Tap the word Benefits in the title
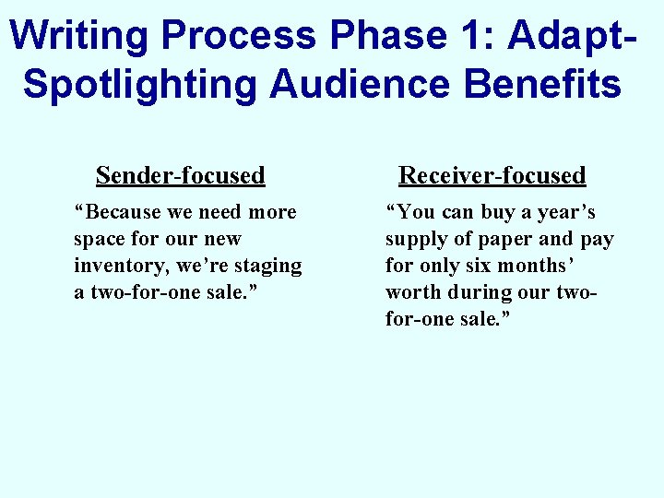click(543, 83)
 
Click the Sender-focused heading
click(180, 175)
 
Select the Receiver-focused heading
click(492, 175)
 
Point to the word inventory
click(115, 266)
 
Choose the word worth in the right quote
click(415, 292)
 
